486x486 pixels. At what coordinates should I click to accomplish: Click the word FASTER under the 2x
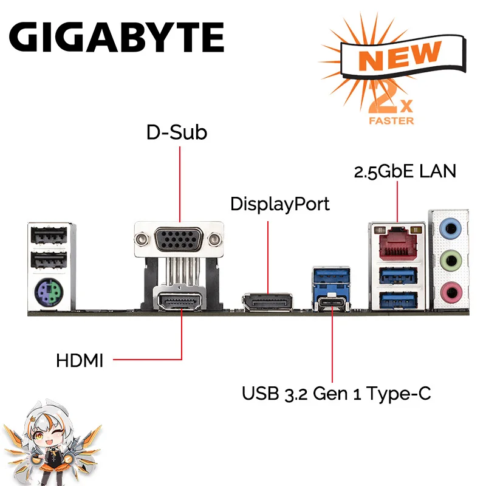tap(391, 120)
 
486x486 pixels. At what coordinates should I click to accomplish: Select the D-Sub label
tap(177, 132)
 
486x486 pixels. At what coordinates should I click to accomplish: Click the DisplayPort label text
tap(279, 204)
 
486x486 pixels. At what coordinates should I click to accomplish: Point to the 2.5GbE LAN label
tap(405, 171)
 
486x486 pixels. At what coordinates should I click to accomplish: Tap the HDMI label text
tap(80, 361)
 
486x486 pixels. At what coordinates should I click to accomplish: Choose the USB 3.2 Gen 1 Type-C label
tap(336, 394)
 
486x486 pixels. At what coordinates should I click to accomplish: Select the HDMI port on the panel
tap(180, 301)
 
